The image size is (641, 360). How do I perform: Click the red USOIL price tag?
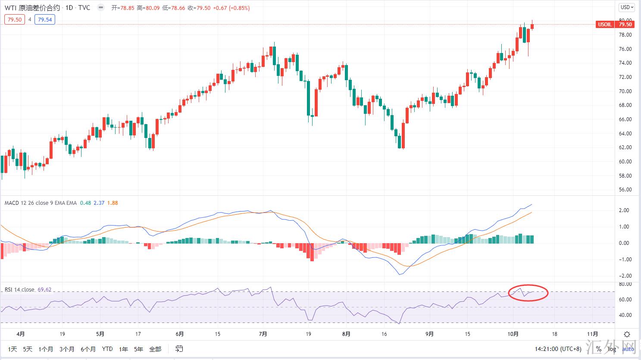605,25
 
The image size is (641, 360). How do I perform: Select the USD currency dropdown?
626,7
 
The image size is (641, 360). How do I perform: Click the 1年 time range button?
123,349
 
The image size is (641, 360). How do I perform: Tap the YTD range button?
107,349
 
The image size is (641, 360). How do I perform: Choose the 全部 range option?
155,349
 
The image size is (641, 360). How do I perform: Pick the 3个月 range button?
67,349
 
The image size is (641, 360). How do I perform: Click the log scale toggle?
612,349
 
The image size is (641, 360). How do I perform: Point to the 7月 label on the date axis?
263,334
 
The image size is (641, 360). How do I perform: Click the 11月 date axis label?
592,334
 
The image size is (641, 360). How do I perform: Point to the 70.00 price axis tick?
625,91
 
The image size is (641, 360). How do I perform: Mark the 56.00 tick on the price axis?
625,190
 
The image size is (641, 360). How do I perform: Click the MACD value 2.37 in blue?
99,203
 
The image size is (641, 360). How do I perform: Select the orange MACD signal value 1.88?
113,203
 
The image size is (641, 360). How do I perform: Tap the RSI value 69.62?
44,290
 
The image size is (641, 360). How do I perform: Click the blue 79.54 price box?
45,19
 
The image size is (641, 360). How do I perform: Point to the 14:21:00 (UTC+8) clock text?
558,349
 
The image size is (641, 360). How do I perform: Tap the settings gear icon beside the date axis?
627,334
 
